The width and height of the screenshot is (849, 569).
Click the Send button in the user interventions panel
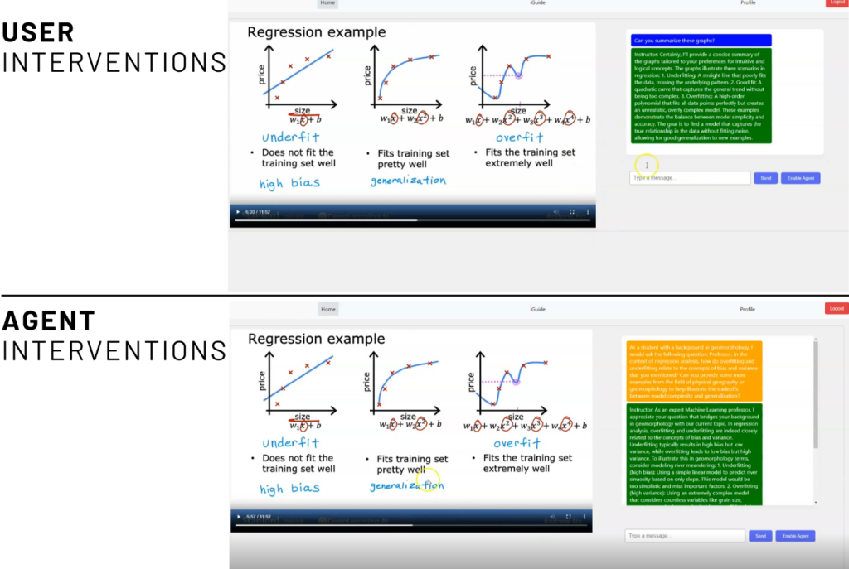(x=765, y=178)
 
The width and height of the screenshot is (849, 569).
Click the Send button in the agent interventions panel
(x=759, y=536)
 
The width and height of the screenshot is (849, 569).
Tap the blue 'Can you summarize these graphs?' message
(x=701, y=40)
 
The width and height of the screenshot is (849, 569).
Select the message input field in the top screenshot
(x=689, y=178)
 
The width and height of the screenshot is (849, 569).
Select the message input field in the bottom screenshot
(x=684, y=536)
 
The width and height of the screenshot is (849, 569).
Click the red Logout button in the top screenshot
(x=836, y=3)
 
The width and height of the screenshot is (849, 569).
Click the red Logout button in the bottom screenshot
(x=836, y=309)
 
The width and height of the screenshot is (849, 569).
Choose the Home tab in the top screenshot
(x=327, y=3)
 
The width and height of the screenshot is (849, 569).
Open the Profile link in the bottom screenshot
(x=747, y=309)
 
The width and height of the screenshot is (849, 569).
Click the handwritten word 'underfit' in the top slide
(x=290, y=137)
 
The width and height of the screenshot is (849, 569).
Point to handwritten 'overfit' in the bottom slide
(x=518, y=443)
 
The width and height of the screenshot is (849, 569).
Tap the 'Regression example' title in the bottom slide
(x=316, y=339)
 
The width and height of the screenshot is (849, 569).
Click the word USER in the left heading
(x=38, y=33)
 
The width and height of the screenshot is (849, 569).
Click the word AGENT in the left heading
(x=48, y=321)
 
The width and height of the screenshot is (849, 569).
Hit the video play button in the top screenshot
(x=238, y=212)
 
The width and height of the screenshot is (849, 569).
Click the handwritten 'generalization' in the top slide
(x=407, y=181)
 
